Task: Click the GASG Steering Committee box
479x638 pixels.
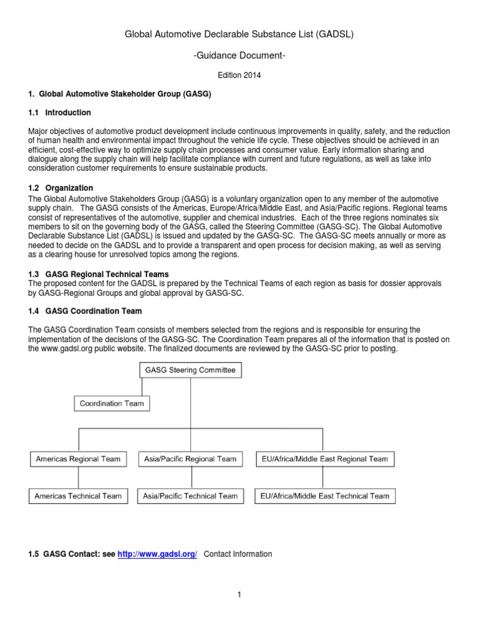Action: [190, 370]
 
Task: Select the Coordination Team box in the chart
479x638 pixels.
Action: [112, 403]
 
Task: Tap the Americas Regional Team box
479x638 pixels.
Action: [78, 459]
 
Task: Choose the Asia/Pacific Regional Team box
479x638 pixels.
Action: [190, 459]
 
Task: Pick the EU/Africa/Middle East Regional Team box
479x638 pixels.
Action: [325, 459]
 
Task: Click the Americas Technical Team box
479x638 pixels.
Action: [79, 496]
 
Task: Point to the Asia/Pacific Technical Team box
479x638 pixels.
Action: [190, 496]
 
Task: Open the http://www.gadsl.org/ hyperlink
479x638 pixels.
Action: [157, 554]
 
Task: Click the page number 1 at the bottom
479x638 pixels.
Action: [239, 595]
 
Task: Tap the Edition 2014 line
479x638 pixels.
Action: [239, 75]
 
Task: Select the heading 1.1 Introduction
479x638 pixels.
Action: [60, 113]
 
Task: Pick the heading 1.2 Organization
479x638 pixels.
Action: [61, 188]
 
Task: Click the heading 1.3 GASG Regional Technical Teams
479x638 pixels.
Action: [99, 274]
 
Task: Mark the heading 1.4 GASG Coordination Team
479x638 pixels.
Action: [85, 311]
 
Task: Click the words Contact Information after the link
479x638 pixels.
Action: [238, 554]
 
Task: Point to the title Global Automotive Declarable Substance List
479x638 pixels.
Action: [239, 34]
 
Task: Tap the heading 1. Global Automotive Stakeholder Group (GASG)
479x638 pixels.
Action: [120, 94]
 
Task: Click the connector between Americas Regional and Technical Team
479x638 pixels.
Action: [79, 478]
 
